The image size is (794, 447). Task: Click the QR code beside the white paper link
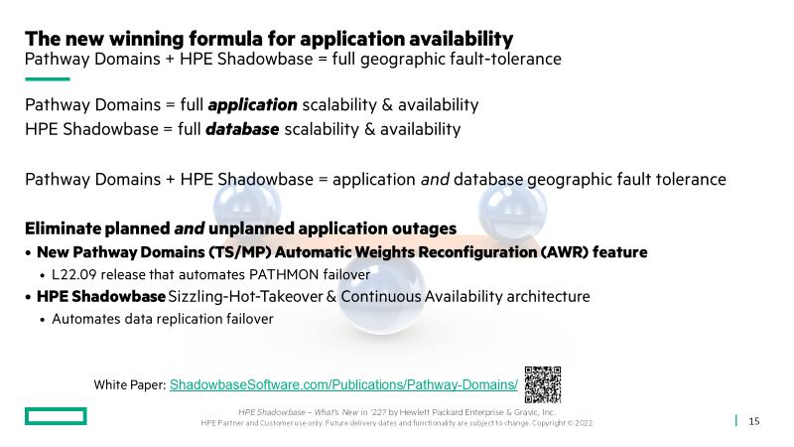pos(542,384)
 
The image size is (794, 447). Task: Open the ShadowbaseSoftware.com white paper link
pos(343,384)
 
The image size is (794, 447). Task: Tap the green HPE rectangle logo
pos(56,416)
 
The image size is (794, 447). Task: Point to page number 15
pos(754,421)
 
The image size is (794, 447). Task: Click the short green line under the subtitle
pos(47,79)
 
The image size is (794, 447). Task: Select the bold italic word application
pos(252,105)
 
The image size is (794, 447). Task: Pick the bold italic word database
pos(242,129)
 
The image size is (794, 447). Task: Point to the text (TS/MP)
pos(239,252)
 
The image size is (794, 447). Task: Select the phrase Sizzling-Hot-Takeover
pos(245,296)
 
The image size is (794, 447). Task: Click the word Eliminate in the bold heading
pos(63,228)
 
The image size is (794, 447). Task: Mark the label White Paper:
pos(130,385)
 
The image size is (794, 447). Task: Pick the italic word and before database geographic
pos(435,180)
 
